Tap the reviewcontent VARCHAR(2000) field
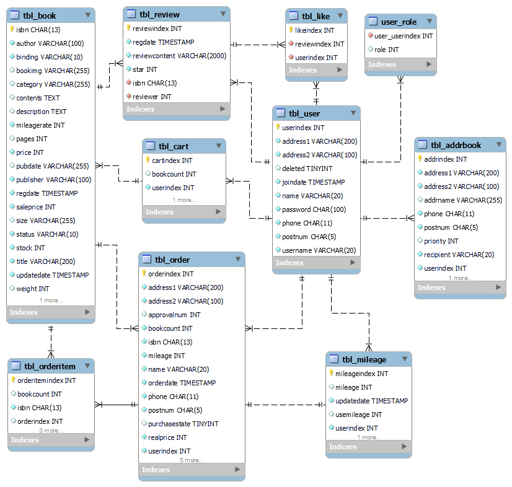(179, 56)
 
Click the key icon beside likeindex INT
(291, 30)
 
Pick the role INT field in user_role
(387, 50)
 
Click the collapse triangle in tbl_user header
(353, 113)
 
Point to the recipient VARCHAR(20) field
(459, 255)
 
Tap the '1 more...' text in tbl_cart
(184, 200)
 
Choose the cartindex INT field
(172, 160)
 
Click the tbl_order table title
(172, 260)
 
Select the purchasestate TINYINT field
(183, 424)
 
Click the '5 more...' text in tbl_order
(192, 460)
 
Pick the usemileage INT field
(358, 415)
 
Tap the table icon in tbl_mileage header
(334, 359)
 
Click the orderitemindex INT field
(46, 380)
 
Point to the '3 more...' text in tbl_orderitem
(51, 431)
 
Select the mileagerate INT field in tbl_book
(40, 125)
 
